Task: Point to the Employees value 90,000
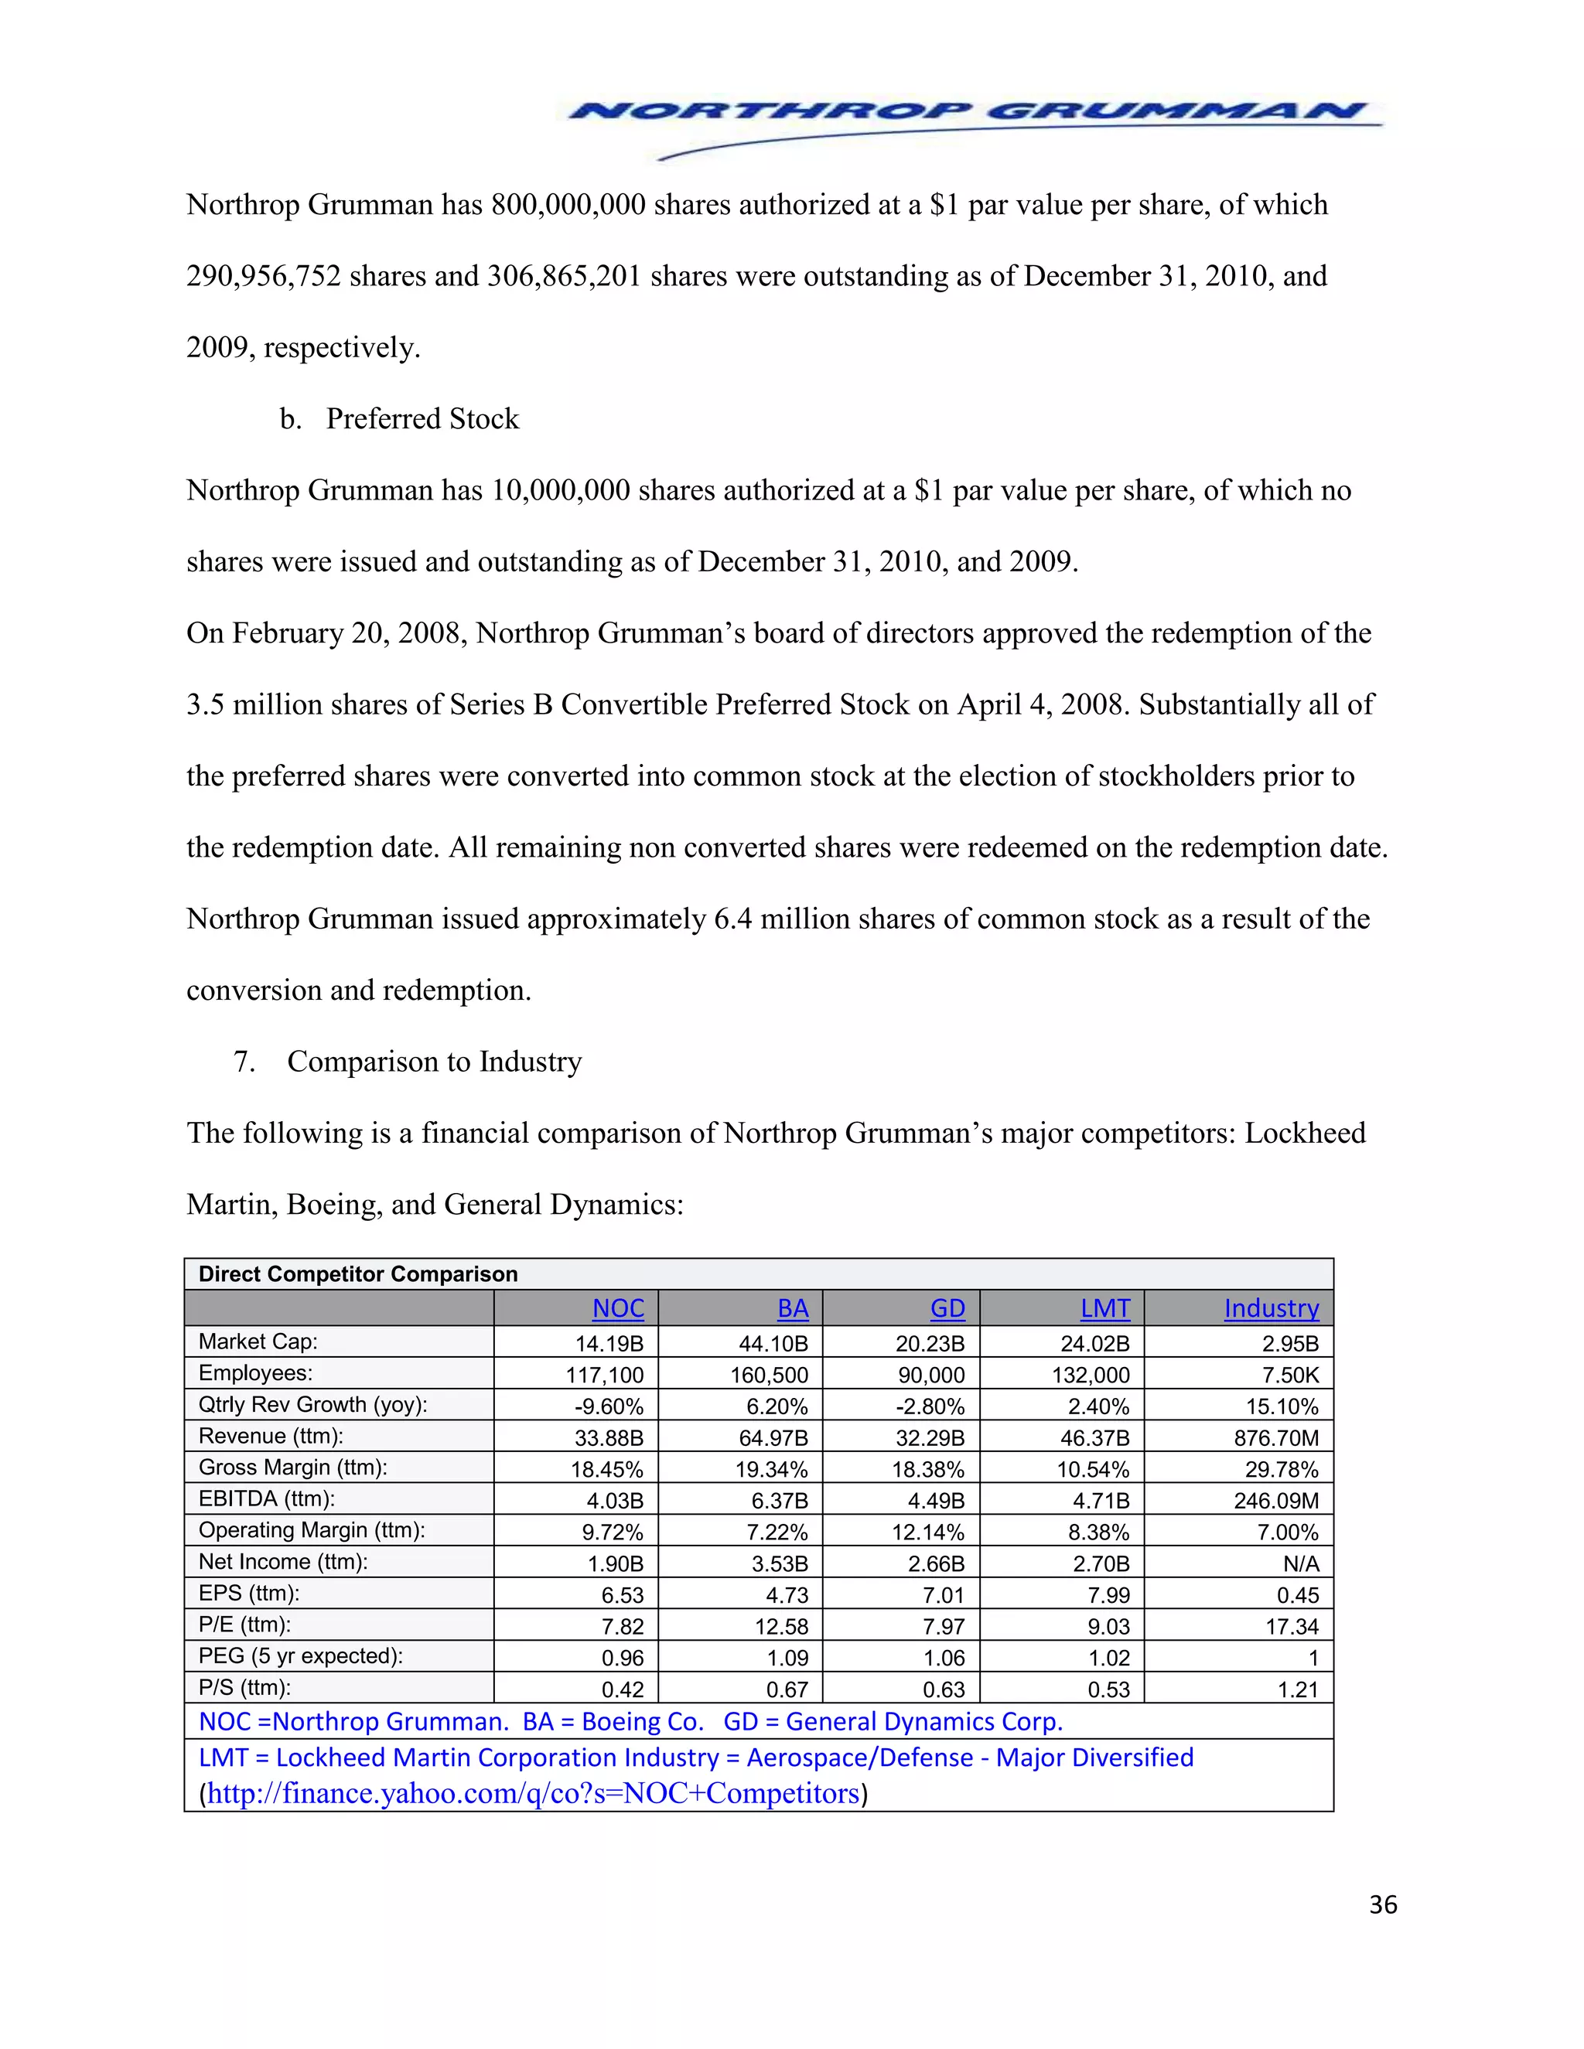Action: pos(931,1376)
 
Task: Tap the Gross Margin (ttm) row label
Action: pos(293,1468)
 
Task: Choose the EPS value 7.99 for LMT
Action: pos(1109,1595)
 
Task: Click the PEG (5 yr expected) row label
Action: pos(300,1656)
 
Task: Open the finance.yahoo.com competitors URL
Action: pos(533,1793)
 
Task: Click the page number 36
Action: pos(1382,1904)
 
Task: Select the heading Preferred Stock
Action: pos(422,418)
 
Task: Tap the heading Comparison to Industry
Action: pos(434,1061)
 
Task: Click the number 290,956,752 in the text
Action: pos(263,276)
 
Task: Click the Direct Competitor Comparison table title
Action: pos(357,1274)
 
